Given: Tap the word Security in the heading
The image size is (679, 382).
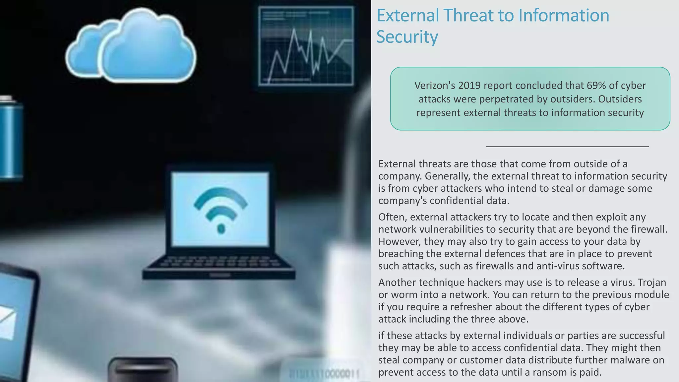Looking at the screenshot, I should coord(407,37).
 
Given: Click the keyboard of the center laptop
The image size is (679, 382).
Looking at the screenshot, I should coord(219,262).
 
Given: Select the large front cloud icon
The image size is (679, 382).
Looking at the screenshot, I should coord(148,48).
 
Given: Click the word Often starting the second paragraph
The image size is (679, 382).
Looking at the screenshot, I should coord(393,217).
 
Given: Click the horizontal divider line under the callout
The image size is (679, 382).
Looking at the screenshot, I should coord(567,146).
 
